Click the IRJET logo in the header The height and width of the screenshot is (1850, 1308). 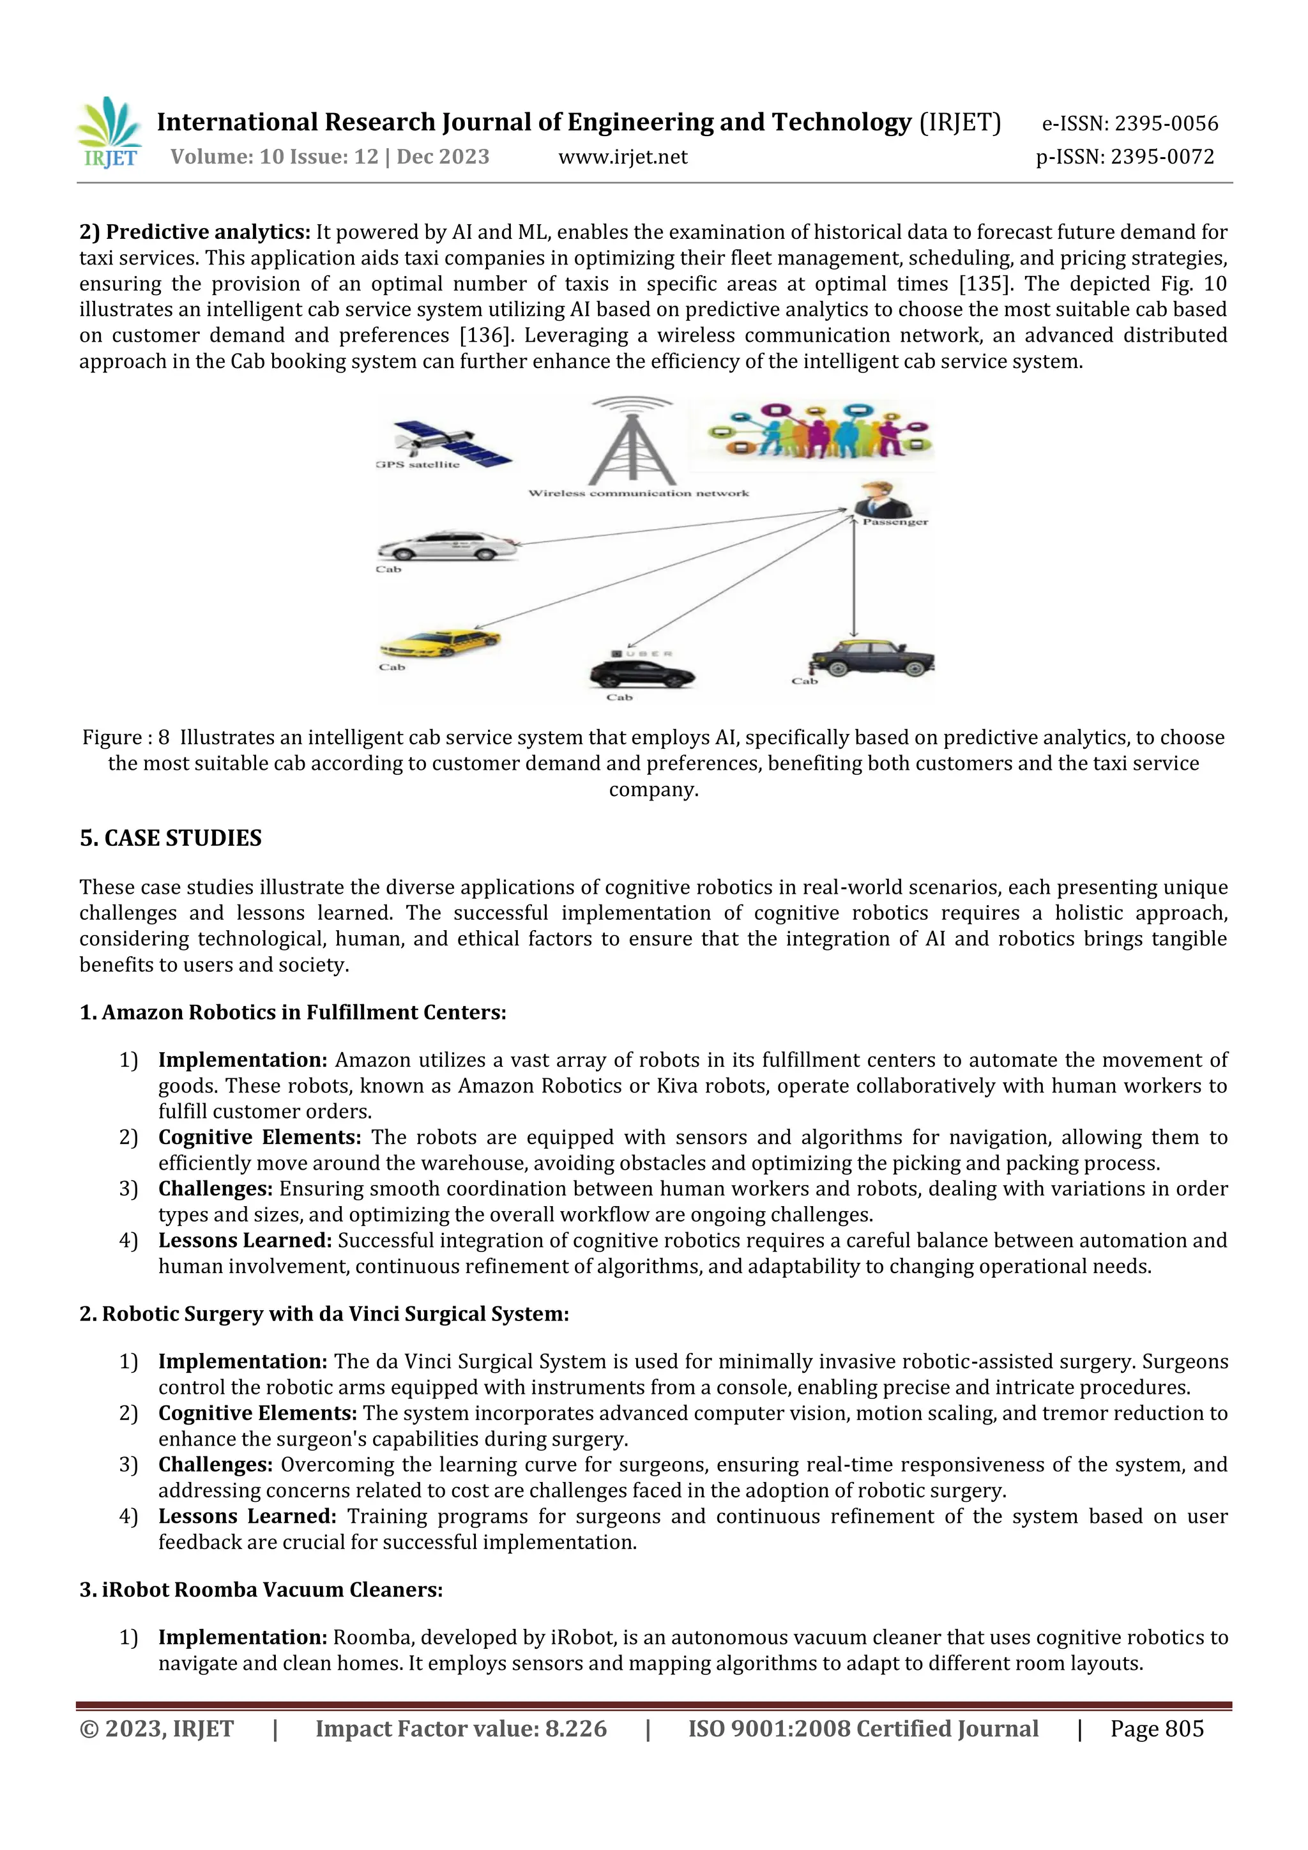pos(110,133)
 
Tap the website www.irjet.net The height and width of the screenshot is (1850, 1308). pos(623,157)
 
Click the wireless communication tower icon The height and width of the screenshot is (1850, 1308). pos(632,441)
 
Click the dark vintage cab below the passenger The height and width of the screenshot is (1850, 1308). pos(873,659)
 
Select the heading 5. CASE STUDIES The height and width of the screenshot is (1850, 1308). pos(171,838)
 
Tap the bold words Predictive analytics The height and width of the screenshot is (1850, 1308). pos(208,232)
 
